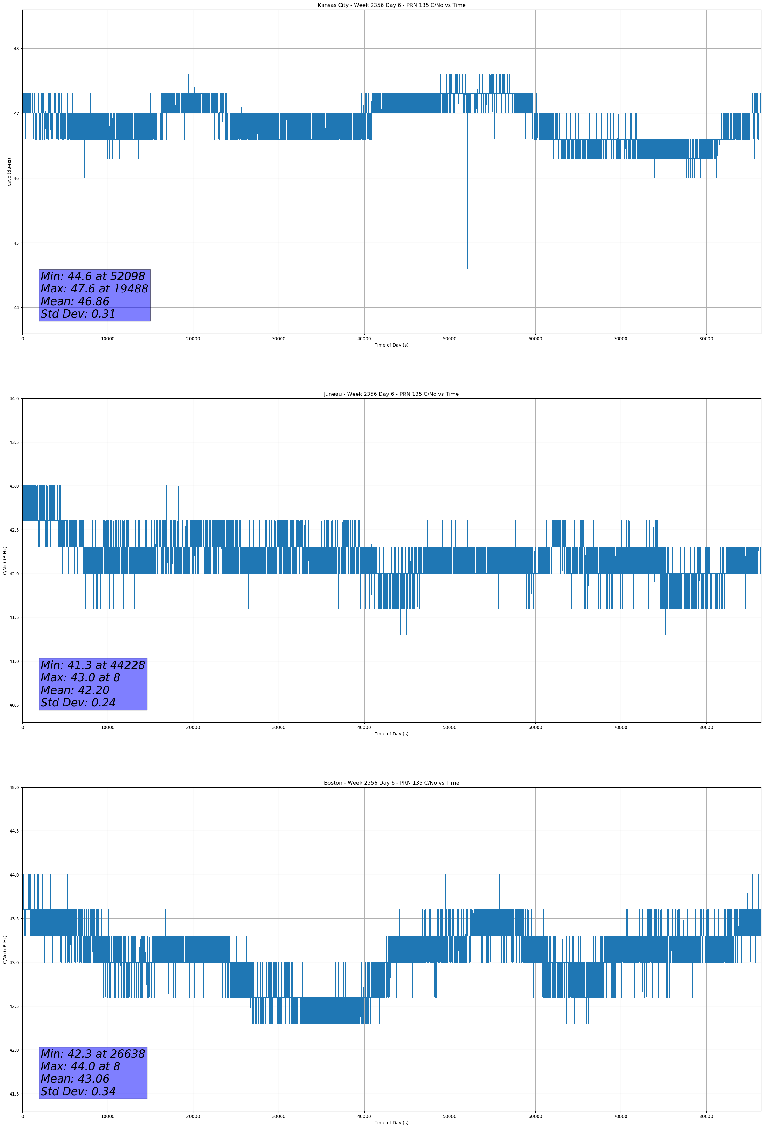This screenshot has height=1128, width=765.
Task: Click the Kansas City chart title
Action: click(x=391, y=5)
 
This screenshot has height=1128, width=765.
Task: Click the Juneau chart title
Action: click(x=391, y=394)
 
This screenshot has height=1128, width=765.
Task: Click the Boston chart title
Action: click(x=391, y=783)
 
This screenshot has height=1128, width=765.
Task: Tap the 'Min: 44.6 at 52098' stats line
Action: click(x=93, y=276)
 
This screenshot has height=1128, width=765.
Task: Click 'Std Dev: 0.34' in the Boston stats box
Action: click(x=78, y=1091)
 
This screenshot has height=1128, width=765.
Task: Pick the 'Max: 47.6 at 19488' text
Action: click(x=94, y=289)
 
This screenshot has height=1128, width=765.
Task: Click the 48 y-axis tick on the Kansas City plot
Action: click(x=16, y=49)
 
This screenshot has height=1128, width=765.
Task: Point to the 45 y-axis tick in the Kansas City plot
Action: click(x=16, y=243)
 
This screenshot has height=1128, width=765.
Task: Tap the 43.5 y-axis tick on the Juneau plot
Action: click(x=14, y=442)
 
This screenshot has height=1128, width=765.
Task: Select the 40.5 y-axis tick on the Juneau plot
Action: click(x=14, y=705)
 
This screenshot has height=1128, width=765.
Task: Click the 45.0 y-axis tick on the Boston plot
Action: click(x=14, y=787)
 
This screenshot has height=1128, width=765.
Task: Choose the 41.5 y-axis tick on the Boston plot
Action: click(x=14, y=1094)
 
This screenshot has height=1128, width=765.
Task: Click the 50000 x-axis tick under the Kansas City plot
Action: click(x=450, y=339)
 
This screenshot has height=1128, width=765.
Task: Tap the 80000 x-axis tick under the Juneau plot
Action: click(x=706, y=727)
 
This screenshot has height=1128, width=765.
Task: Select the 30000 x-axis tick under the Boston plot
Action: click(x=278, y=1116)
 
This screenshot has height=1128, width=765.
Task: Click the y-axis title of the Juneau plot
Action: click(x=5, y=561)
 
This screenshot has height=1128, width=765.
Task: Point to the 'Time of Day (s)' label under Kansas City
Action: click(x=391, y=345)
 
